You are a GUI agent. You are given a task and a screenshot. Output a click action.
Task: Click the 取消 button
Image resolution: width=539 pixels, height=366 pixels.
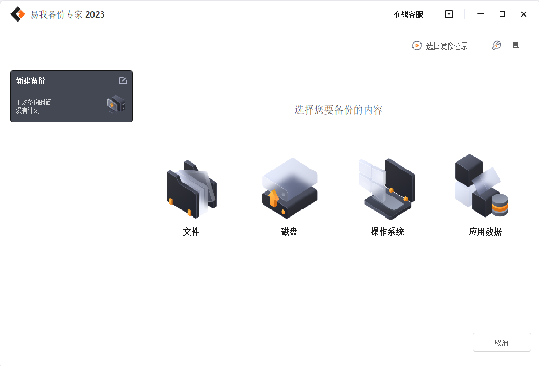[x=501, y=342]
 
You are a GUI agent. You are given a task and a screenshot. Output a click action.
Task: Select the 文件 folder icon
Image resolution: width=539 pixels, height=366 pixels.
[x=192, y=189]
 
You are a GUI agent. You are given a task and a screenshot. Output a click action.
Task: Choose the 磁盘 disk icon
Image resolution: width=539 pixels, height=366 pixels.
[x=289, y=188]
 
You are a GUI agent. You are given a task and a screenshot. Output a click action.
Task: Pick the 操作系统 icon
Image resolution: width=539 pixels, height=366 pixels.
[x=387, y=189]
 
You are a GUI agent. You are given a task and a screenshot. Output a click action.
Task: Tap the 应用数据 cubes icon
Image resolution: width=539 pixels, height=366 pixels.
[x=482, y=186]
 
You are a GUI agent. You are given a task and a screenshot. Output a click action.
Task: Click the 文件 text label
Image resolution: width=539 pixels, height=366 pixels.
[x=191, y=232]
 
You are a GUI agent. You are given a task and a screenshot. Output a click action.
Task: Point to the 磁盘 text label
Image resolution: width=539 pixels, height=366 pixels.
[x=289, y=232]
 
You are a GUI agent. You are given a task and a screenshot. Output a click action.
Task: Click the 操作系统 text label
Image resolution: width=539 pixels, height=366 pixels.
[x=387, y=232]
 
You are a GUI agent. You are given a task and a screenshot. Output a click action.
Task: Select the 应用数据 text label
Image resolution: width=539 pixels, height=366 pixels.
[x=486, y=232]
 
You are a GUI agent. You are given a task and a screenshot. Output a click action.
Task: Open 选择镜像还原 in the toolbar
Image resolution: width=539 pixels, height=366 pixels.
[x=440, y=46]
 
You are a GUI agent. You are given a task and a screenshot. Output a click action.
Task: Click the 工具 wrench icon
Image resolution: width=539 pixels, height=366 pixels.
[x=496, y=45]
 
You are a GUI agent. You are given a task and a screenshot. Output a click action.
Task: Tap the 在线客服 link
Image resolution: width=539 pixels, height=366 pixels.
[x=409, y=14]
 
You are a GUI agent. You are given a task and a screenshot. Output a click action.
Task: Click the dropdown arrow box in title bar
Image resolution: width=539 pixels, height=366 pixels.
[x=449, y=14]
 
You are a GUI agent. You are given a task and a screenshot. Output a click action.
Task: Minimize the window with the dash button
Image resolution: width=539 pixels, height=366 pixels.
[x=481, y=14]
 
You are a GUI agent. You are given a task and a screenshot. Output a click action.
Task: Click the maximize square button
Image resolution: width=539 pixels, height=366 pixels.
[x=502, y=14]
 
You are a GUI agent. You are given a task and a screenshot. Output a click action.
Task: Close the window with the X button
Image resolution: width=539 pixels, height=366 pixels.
[x=524, y=14]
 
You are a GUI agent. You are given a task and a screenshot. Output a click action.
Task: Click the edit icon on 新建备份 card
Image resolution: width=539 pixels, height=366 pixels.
[x=123, y=80]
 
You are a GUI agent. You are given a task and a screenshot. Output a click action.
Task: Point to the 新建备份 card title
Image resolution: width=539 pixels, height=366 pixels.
[x=31, y=81]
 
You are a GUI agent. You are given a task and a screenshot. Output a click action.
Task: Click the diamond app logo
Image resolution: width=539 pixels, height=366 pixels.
[x=17, y=14]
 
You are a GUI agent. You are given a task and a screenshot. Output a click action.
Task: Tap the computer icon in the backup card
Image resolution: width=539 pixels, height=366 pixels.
[x=116, y=104]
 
